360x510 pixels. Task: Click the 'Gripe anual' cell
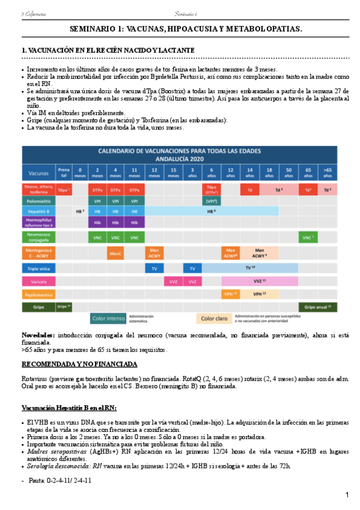click(317, 307)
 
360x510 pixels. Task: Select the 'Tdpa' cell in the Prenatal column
click(64, 190)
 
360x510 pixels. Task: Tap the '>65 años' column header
click(327, 173)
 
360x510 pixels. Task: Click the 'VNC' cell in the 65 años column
click(308, 238)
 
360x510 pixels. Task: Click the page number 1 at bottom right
click(347, 494)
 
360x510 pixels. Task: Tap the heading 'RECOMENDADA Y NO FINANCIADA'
click(79, 364)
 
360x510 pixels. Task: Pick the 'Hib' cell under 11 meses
click(136, 223)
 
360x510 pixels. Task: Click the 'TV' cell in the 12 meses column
click(154, 268)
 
